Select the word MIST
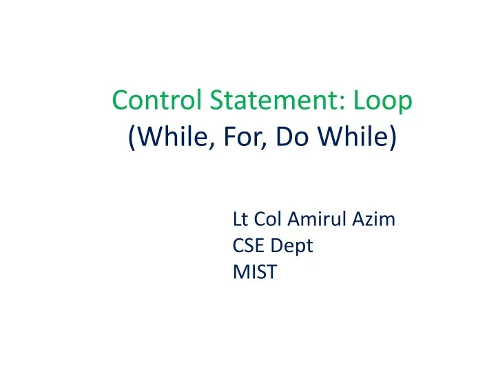pyautogui.click(x=255, y=272)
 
